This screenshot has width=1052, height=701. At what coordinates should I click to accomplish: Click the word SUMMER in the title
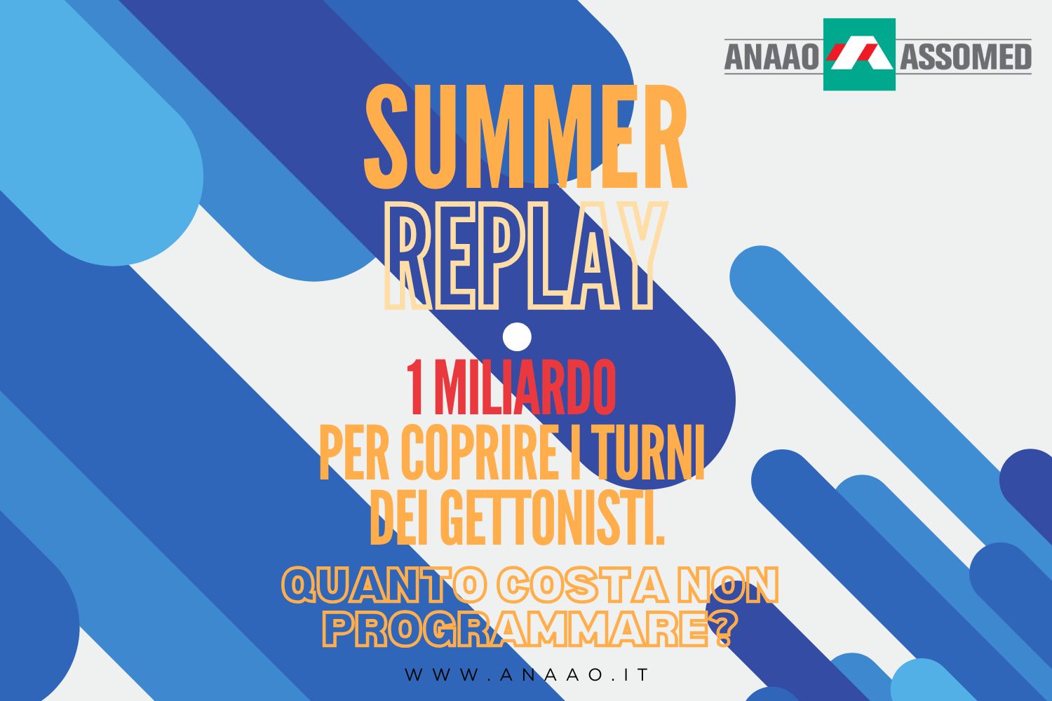[x=526, y=137]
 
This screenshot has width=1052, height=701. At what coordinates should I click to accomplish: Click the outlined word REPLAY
[x=526, y=255]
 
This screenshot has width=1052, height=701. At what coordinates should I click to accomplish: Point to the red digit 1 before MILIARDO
[x=416, y=388]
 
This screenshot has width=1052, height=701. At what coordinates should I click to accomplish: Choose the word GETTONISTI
[x=553, y=517]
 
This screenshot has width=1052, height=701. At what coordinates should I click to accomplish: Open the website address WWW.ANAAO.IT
[x=527, y=674]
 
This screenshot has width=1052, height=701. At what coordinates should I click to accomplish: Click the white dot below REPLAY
[x=517, y=336]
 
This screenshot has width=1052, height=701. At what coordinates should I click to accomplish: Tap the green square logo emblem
[x=859, y=54]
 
